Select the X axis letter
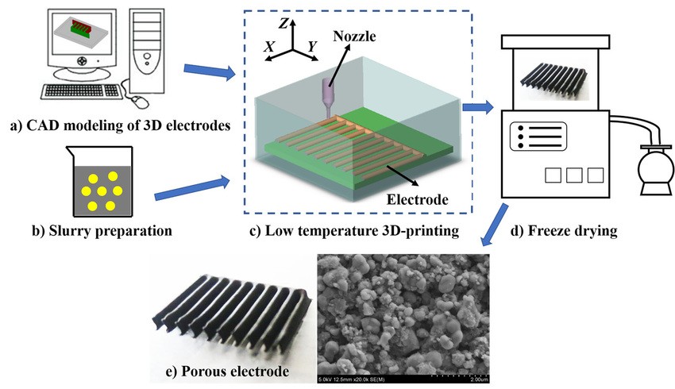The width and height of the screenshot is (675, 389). pos(271,48)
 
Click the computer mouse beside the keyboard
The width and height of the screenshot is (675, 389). pos(139,101)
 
